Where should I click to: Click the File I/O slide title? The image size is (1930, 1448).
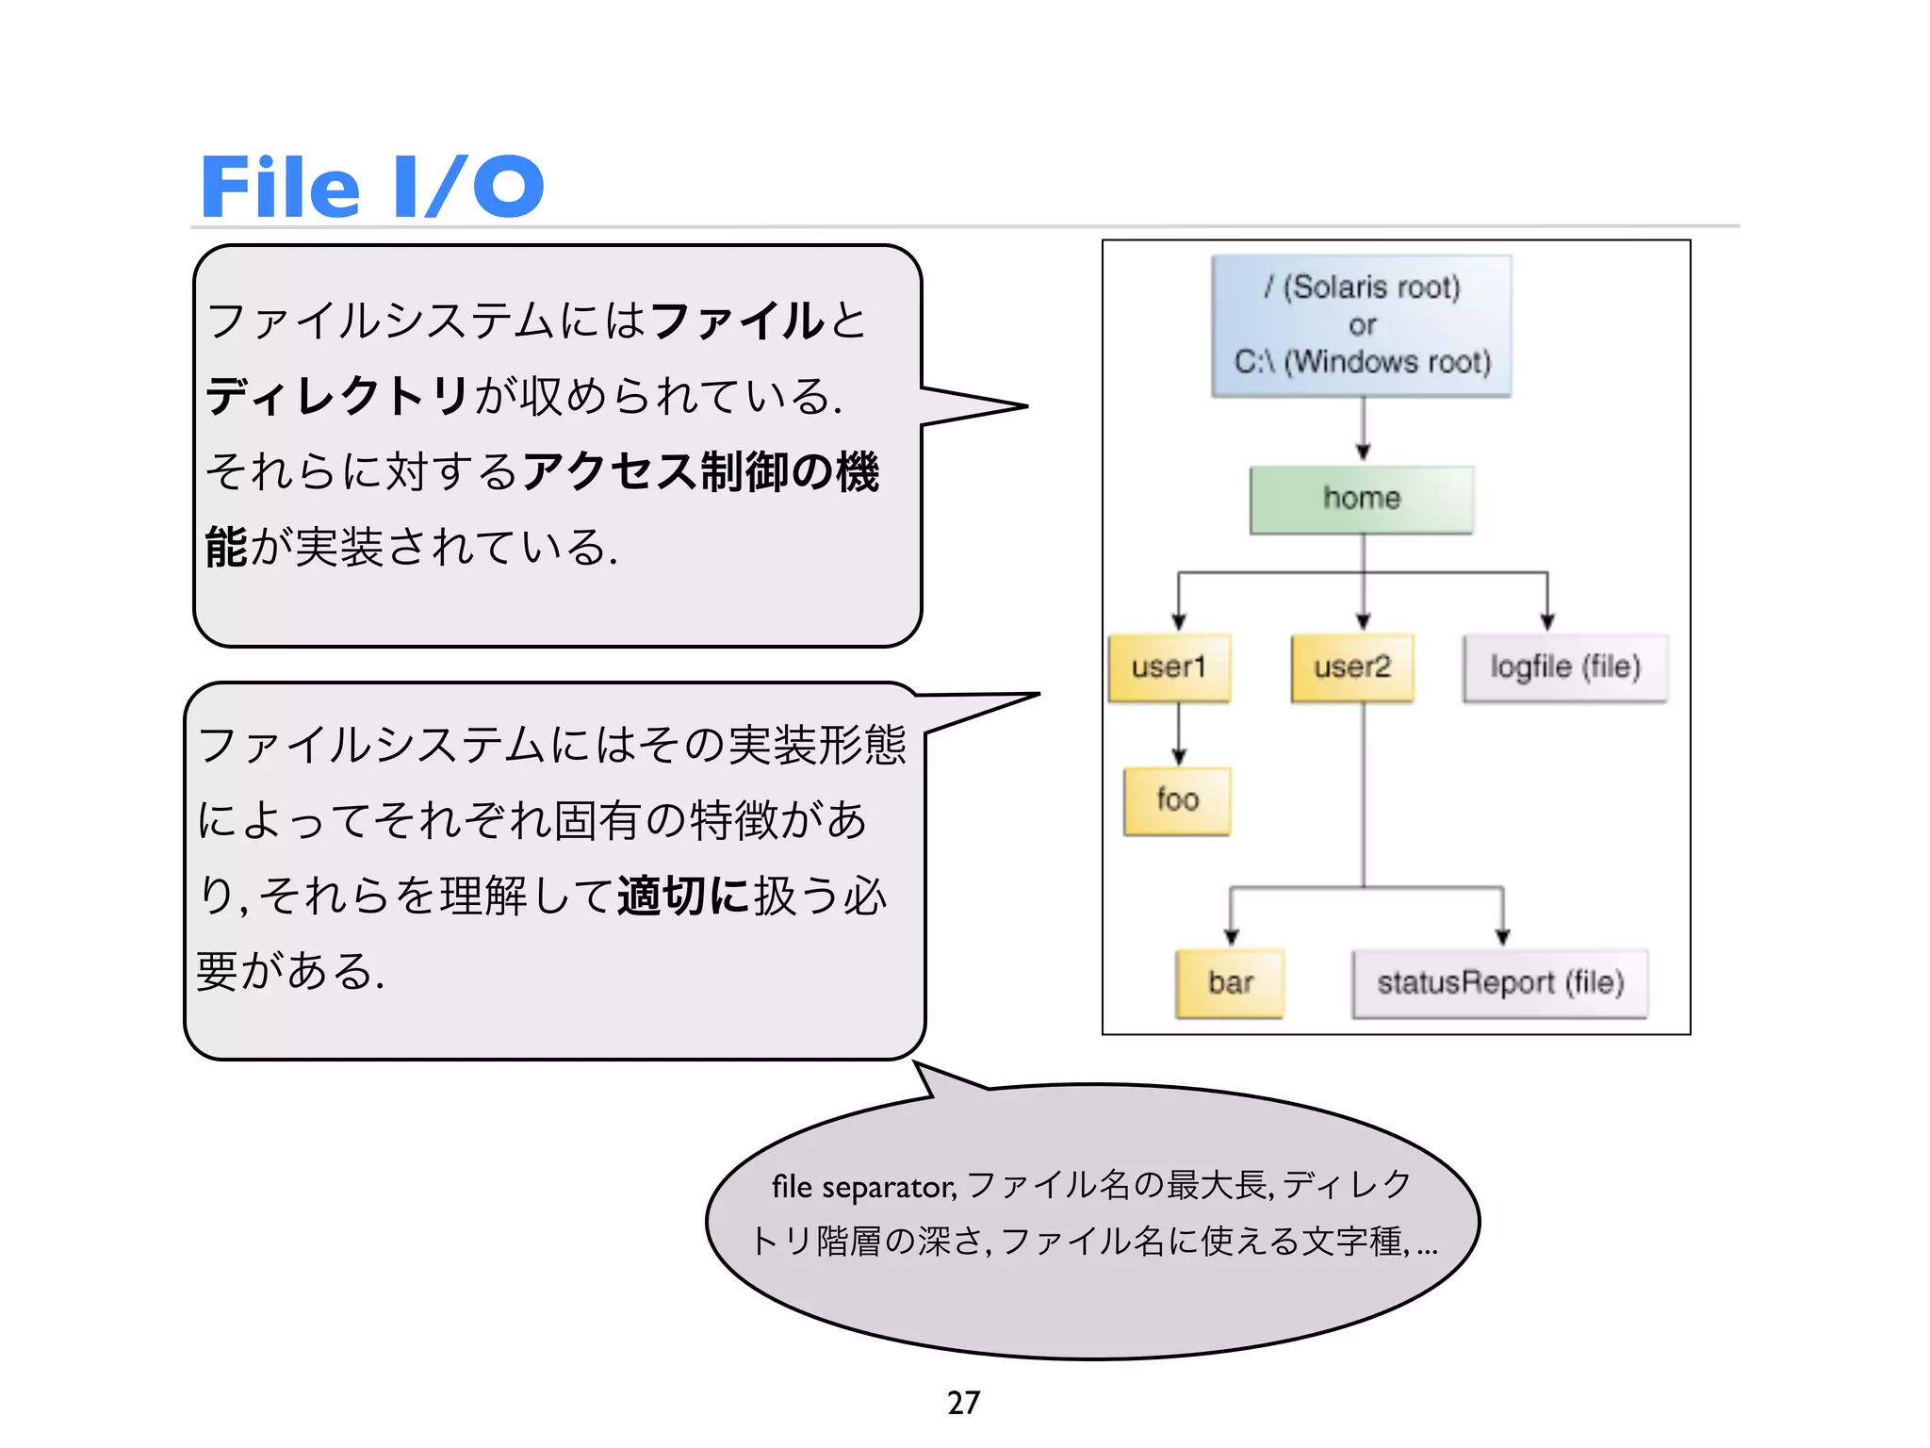tap(372, 186)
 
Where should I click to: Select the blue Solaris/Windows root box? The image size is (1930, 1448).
tap(1362, 325)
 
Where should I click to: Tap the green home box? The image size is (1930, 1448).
tap(1362, 499)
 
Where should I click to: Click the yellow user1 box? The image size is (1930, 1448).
tap(1169, 667)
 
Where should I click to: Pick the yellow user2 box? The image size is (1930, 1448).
tap(1352, 667)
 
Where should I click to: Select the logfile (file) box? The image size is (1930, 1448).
tap(1565, 667)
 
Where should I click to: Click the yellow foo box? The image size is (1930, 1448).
tap(1177, 800)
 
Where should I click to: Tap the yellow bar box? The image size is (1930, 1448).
tap(1230, 983)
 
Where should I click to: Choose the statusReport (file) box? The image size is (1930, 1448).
tap(1500, 983)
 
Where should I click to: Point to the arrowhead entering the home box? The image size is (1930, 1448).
tap(1363, 452)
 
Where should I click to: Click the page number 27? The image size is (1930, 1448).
tap(963, 1402)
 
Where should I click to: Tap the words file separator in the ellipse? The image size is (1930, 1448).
tap(863, 1187)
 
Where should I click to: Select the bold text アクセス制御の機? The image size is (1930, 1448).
tap(700, 471)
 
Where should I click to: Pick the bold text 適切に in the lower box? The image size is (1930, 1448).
tap(683, 896)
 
